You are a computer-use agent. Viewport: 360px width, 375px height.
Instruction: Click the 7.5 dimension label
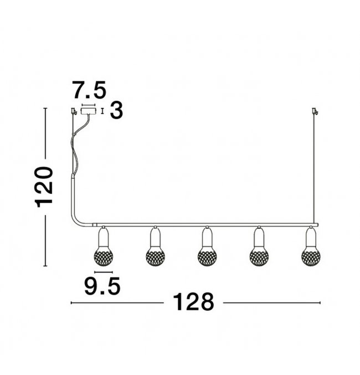[x=90, y=90]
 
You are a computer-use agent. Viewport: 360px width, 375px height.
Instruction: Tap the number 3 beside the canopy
[x=116, y=110]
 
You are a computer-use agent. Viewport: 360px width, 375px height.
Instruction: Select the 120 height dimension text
[x=44, y=187]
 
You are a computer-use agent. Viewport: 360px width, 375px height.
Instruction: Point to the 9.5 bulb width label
[x=102, y=286]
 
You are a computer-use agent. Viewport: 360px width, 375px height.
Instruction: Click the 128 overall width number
[x=193, y=302]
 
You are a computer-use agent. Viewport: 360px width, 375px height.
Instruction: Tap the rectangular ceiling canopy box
[x=89, y=111]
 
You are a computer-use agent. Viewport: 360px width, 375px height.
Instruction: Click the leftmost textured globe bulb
[x=104, y=257]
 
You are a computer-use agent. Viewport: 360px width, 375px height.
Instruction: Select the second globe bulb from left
[x=155, y=257]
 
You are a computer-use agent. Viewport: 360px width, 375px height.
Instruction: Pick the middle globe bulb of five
[x=207, y=257]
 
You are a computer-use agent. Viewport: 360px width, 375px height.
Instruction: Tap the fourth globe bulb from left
[x=259, y=257]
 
